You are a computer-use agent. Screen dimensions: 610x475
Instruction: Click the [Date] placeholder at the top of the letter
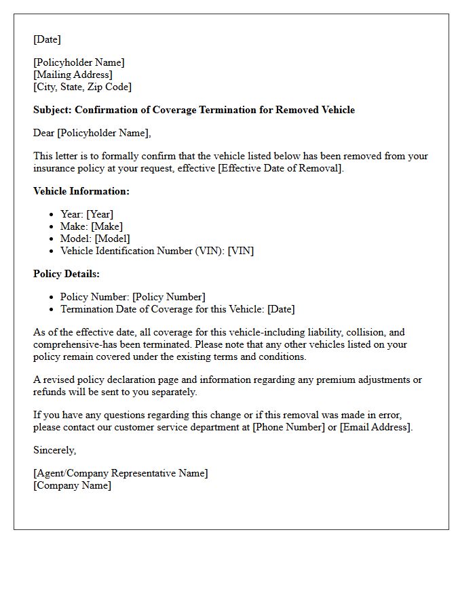47,39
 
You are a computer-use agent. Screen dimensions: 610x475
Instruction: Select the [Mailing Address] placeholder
73,75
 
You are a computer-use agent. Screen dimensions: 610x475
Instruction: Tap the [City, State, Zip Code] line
82,87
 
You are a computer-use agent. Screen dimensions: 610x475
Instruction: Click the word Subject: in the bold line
52,110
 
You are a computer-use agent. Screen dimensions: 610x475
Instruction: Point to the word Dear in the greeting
43,133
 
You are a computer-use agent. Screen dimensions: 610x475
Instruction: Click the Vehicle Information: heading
81,191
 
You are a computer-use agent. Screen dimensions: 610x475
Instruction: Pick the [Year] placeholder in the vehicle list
99,214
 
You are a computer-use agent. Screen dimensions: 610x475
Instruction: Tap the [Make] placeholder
107,226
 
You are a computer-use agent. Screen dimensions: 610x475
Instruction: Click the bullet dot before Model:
52,239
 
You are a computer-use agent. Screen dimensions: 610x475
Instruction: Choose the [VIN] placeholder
241,251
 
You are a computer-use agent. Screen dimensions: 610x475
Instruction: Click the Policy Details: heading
66,274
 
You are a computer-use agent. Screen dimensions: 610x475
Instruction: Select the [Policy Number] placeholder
168,297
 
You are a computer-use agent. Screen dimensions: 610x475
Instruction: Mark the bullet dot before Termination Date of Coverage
52,309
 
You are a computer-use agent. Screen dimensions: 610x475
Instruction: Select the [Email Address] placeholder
375,427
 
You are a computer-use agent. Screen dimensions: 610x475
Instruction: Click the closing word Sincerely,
54,450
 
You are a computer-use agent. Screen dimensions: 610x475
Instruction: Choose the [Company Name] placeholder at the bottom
72,485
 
